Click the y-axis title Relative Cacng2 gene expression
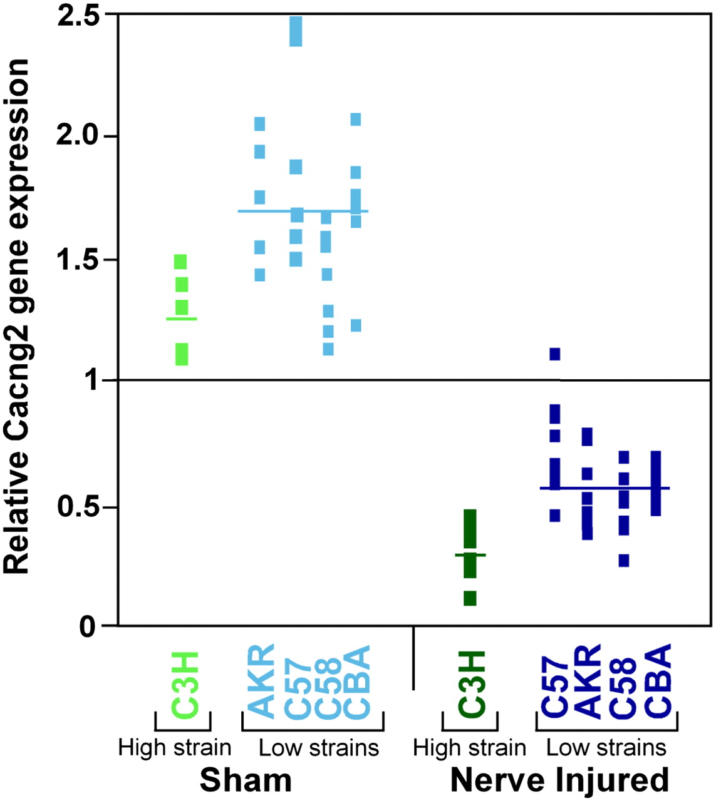click(17, 316)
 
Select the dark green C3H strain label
click(472, 684)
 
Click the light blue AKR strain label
click(261, 680)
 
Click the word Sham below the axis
click(246, 780)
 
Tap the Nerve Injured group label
click(559, 780)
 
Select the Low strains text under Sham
click(319, 748)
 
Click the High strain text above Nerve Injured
click(469, 748)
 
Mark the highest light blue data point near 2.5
click(296, 32)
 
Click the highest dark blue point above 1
click(554, 354)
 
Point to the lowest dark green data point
click(470, 598)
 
